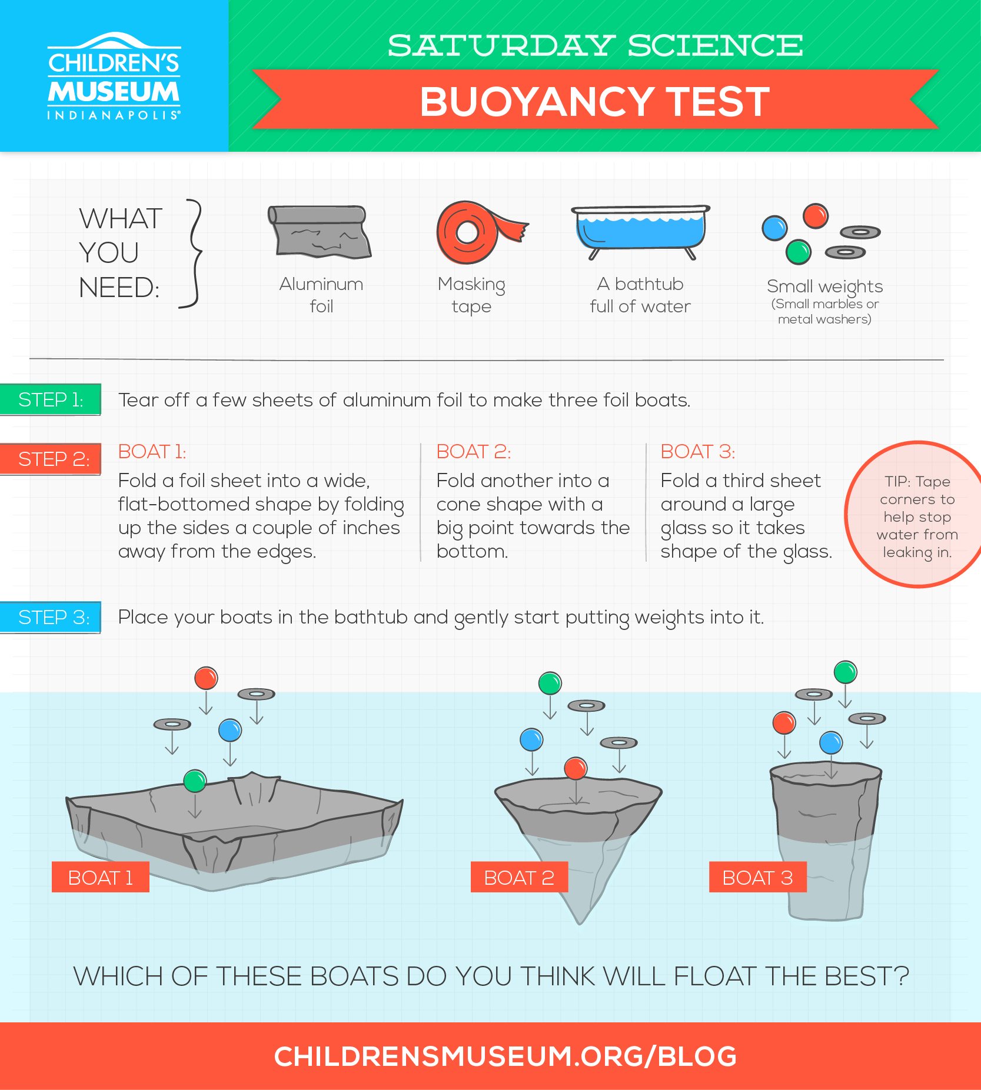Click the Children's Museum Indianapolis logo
114,76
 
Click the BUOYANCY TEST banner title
595,102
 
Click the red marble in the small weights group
816,216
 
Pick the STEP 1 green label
51,399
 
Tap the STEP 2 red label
51,459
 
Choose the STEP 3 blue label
51,617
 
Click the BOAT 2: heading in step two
474,451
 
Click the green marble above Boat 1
195,781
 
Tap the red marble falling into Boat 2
576,768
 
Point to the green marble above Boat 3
846,672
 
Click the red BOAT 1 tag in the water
101,877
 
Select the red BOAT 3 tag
757,877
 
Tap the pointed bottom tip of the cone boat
580,924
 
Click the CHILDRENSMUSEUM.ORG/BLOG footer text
506,1056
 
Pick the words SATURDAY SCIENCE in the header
595,46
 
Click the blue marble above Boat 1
230,731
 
